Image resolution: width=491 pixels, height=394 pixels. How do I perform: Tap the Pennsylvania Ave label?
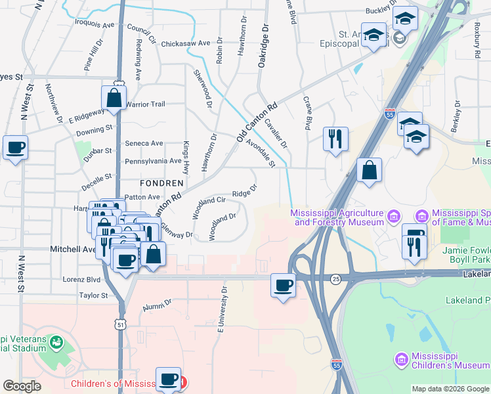coord(153,161)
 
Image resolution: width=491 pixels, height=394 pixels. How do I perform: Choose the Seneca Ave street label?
coord(144,143)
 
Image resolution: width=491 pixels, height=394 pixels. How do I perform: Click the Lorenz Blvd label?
coord(81,279)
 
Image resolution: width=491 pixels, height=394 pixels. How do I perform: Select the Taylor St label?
coord(93,296)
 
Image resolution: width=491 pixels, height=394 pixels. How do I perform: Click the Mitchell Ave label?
coord(73,250)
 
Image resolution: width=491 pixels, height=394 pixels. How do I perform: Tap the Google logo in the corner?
coord(22,386)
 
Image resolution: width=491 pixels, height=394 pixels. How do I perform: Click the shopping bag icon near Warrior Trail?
coord(114,98)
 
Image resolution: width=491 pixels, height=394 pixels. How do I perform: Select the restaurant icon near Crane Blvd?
coord(335,139)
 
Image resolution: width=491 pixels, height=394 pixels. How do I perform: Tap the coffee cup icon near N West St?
coord(15,148)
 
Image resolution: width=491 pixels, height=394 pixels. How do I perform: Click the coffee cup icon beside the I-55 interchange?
coord(283,286)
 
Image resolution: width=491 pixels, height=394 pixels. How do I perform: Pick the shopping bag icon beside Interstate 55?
coord(370,171)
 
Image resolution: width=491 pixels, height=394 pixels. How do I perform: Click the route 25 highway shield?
coord(335,278)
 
